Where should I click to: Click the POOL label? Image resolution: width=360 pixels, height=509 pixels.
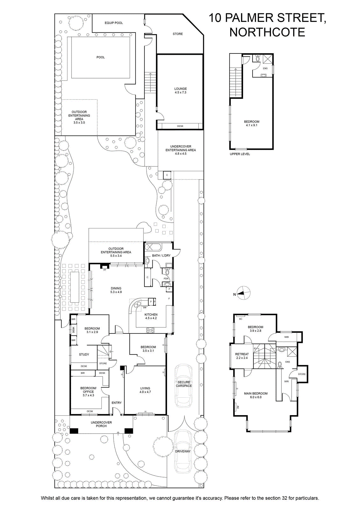[100, 57]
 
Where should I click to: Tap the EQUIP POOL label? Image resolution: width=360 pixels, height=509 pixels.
[114, 23]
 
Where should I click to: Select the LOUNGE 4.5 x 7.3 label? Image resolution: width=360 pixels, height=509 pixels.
[181, 90]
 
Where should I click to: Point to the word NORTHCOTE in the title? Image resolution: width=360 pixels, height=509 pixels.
[267, 32]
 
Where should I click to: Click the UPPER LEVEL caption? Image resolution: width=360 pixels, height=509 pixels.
[239, 154]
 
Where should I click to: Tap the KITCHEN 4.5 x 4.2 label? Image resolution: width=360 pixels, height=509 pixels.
[151, 316]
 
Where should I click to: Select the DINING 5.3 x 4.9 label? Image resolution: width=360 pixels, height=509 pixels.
[116, 290]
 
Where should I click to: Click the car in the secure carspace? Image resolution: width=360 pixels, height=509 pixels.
[183, 384]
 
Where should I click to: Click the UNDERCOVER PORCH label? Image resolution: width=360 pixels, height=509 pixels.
[101, 424]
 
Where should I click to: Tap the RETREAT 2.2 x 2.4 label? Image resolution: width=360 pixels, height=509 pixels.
[242, 356]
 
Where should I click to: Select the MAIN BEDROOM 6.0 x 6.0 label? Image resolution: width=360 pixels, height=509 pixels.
[256, 395]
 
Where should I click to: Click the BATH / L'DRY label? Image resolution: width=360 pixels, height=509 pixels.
[161, 255]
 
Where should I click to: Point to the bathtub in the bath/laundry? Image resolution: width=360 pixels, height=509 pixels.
[153, 247]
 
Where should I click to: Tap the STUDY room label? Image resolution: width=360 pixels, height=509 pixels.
[84, 354]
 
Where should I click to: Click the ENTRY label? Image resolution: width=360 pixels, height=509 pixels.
[116, 403]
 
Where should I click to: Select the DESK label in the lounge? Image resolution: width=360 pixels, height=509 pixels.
[180, 126]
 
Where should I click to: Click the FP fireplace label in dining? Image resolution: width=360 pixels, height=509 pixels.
[105, 270]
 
